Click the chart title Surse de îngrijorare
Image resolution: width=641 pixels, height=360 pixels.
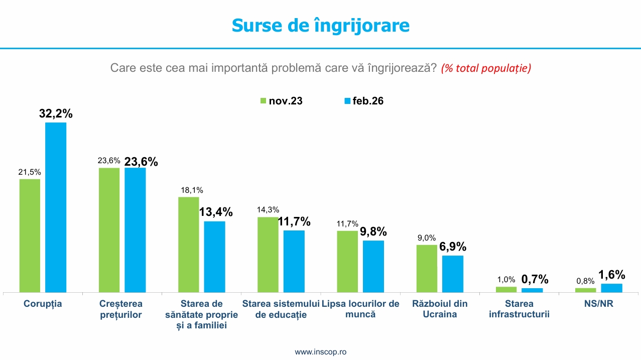click(320, 25)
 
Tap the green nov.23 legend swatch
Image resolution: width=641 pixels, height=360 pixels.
click(263, 101)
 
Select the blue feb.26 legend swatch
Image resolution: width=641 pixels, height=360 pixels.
click(346, 101)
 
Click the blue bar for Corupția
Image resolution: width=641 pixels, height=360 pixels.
click(56, 207)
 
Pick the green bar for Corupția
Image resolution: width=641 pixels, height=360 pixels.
click(30, 235)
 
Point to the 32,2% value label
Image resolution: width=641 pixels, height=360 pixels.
click(56, 114)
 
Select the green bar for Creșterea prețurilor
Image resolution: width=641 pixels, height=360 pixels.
click(109, 230)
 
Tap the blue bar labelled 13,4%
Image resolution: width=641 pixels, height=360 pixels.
click(214, 257)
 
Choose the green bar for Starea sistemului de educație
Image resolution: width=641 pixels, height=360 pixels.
click(268, 255)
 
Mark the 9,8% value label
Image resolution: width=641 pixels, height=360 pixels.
click(373, 231)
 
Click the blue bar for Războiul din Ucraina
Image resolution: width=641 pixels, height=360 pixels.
click(452, 274)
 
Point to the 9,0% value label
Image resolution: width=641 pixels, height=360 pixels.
click(427, 238)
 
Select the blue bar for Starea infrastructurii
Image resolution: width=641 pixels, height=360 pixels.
click(532, 290)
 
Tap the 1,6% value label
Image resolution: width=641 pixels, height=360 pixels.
click(611, 275)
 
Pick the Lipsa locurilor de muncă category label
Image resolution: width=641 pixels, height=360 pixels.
click(360, 309)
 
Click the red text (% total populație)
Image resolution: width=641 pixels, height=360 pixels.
click(486, 68)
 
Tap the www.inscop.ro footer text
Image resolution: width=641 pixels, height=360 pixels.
click(320, 352)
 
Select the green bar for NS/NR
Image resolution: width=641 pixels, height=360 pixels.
click(585, 290)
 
